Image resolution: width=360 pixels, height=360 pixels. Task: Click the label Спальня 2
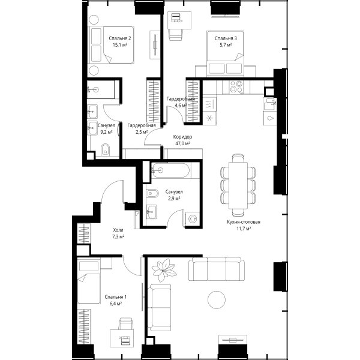(x=120, y=38)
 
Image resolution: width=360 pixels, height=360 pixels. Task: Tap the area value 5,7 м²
(x=226, y=45)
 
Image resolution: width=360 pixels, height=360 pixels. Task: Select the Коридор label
(x=182, y=137)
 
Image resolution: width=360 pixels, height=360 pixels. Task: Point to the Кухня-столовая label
(x=244, y=222)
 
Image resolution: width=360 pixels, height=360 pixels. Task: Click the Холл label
(x=118, y=230)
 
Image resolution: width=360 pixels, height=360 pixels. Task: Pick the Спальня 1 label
(x=115, y=297)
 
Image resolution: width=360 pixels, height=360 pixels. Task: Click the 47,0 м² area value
(x=182, y=143)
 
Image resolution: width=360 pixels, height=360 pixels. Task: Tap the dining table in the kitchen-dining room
(x=238, y=185)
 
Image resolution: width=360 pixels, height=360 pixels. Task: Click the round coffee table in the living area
(x=217, y=299)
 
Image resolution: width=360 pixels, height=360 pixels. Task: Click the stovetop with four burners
(x=236, y=87)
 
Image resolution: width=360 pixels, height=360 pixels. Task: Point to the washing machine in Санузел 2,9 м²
(x=193, y=219)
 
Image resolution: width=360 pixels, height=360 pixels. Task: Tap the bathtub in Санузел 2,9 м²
(x=171, y=170)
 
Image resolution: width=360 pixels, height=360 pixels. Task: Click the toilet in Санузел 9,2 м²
(x=106, y=150)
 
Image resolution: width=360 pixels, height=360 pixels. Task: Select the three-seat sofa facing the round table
(x=216, y=269)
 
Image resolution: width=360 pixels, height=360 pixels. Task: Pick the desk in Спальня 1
(x=122, y=338)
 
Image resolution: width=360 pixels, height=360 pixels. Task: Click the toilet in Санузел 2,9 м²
(x=152, y=193)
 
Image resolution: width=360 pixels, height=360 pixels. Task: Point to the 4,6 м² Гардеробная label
(x=181, y=102)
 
